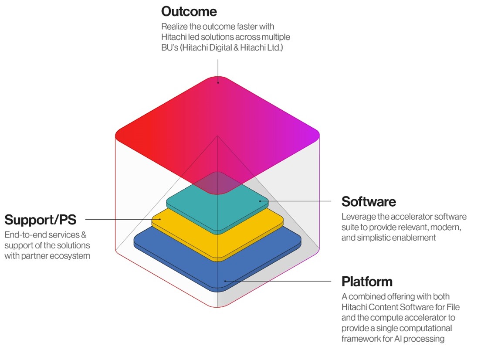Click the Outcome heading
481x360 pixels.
pyautogui.click(x=189, y=11)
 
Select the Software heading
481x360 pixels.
pyautogui.click(x=369, y=201)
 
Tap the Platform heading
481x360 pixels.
pyautogui.click(x=367, y=281)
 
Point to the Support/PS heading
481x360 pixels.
pyautogui.click(x=41, y=219)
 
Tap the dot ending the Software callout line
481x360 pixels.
pyautogui.click(x=260, y=201)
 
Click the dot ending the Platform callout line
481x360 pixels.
pyautogui.click(x=225, y=281)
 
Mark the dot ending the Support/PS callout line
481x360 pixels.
pyautogui.click(x=160, y=219)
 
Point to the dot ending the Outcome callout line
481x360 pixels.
pyautogui.click(x=218, y=82)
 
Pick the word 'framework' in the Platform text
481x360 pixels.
pyautogui.click(x=361, y=339)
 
